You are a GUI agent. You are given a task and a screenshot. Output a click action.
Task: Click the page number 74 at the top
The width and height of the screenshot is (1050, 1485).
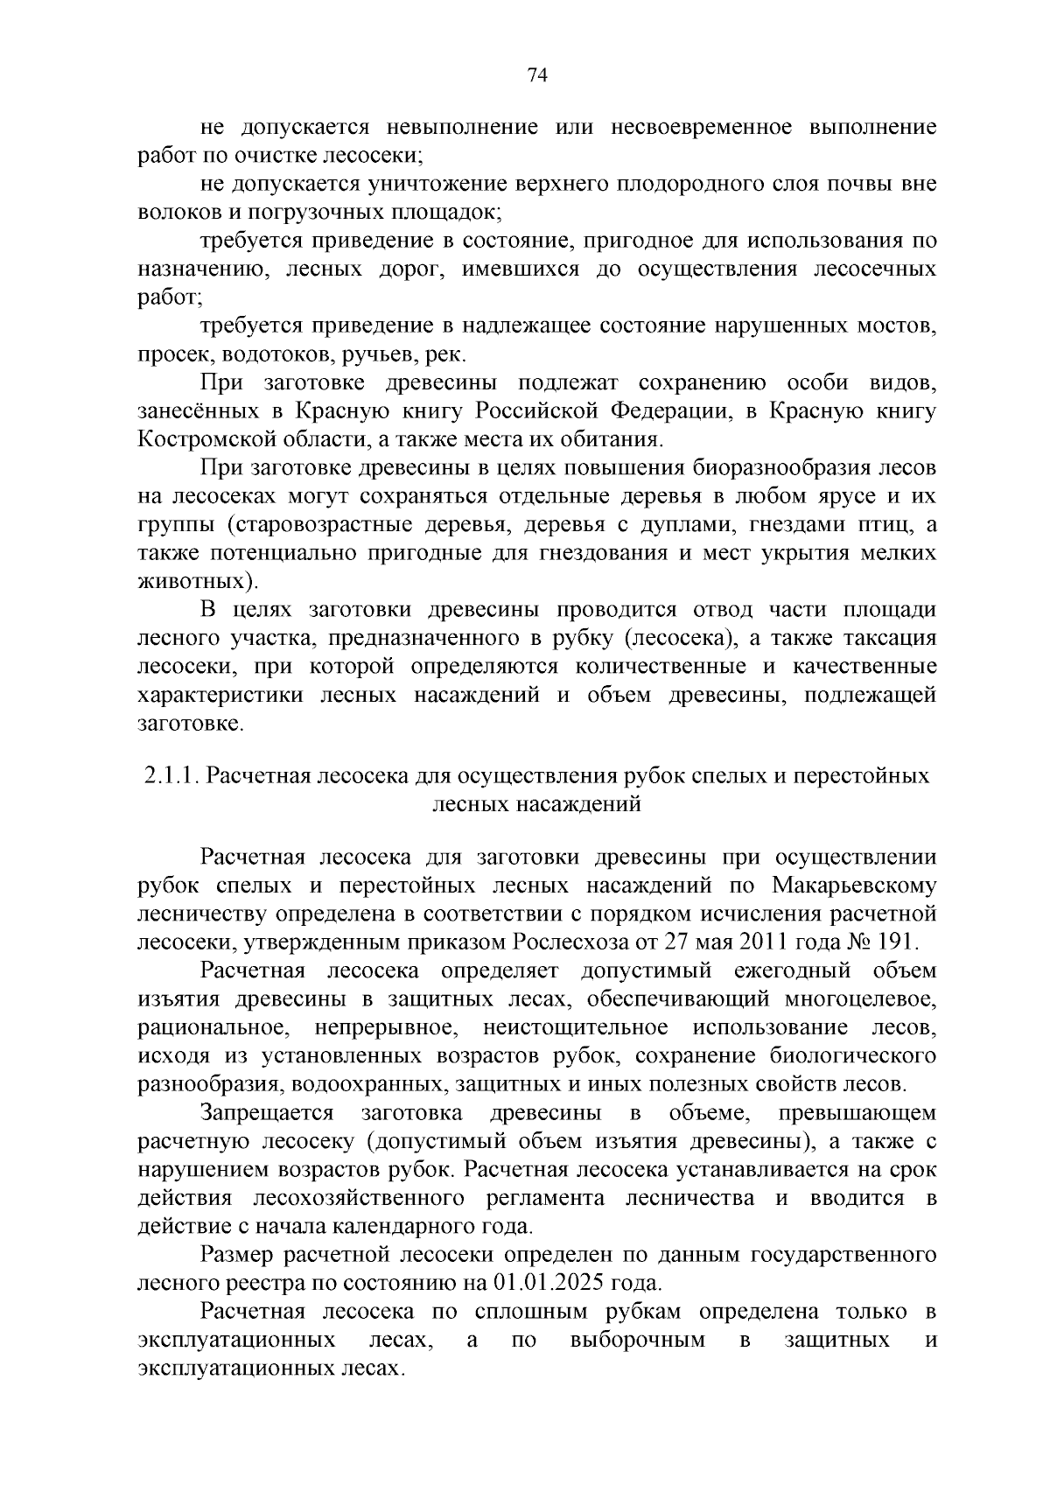538,76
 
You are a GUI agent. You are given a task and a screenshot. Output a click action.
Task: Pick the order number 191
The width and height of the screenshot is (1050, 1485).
895,942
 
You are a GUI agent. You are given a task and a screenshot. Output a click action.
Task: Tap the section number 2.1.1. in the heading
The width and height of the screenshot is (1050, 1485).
171,776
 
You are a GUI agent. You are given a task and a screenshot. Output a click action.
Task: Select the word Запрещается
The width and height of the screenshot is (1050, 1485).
268,1113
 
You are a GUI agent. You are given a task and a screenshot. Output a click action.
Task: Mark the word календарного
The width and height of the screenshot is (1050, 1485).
403,1226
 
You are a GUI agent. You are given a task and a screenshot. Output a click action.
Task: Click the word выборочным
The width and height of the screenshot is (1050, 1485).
637,1341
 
